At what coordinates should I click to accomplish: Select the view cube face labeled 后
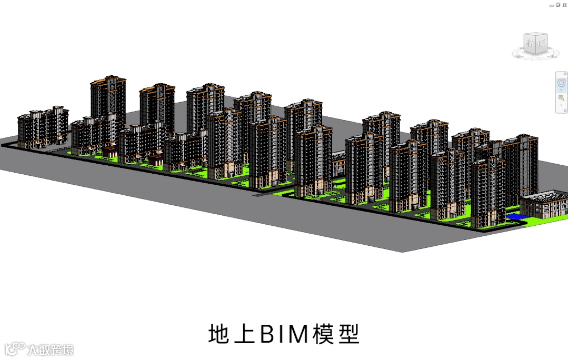[541, 44]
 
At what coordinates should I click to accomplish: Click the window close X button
[564, 4]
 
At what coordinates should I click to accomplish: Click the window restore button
[557, 4]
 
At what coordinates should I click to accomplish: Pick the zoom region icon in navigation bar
[561, 98]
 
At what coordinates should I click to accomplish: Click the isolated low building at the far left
[42, 126]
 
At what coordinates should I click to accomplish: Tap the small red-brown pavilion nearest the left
[109, 152]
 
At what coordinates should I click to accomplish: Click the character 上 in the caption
[245, 334]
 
